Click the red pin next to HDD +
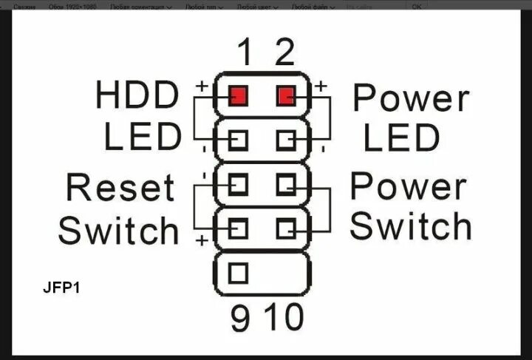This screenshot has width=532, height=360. [238, 95]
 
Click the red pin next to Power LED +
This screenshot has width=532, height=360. [287, 95]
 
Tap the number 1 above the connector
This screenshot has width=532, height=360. [245, 52]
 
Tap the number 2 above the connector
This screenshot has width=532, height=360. [284, 52]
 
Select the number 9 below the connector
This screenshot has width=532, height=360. [239, 318]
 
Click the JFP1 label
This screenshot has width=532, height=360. [61, 286]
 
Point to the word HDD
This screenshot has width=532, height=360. [137, 96]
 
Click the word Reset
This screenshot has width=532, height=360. [120, 188]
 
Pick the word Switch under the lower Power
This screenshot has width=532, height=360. [410, 226]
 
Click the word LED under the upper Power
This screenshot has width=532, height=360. [402, 137]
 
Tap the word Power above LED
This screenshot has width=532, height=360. [411, 97]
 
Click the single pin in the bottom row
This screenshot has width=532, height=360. [238, 272]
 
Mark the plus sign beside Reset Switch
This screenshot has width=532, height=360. [200, 241]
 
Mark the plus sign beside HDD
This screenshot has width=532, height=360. [201, 86]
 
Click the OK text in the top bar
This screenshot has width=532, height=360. [417, 6]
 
